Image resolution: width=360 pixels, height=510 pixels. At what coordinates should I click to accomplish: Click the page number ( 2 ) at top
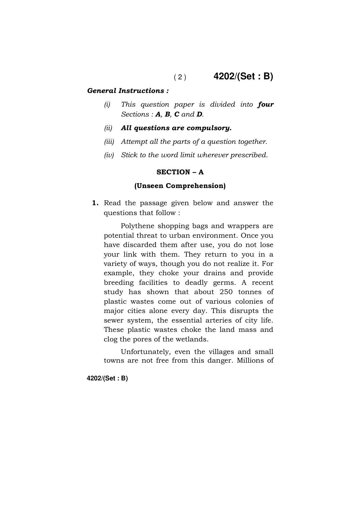click(x=180, y=77)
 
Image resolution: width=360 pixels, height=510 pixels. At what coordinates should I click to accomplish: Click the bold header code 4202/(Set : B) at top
click(x=243, y=76)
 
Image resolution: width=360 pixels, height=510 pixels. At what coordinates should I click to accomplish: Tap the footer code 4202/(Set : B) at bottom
click(x=107, y=378)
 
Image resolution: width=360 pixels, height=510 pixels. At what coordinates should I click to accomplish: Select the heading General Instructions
click(x=128, y=91)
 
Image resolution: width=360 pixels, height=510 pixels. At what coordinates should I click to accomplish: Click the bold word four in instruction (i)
click(x=265, y=104)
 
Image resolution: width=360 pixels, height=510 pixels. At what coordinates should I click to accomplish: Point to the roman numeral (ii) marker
click(x=108, y=128)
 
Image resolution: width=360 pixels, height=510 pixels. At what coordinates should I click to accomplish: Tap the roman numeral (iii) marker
click(x=109, y=142)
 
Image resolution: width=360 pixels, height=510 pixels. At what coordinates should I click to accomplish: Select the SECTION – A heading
click(x=180, y=172)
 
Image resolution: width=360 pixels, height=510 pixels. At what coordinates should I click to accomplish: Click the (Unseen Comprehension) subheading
click(x=180, y=186)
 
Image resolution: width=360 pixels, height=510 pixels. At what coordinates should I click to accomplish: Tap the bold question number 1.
click(x=95, y=203)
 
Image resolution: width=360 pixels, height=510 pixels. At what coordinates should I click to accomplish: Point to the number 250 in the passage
click(x=226, y=292)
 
